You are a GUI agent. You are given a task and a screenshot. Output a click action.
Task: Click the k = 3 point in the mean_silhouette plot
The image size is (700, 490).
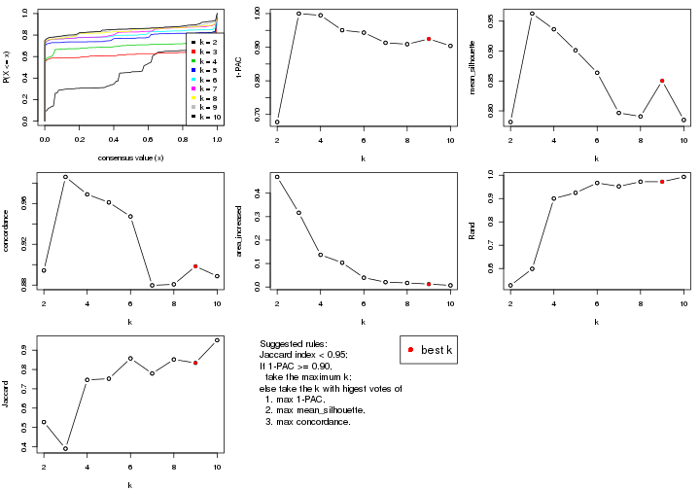click(x=532, y=14)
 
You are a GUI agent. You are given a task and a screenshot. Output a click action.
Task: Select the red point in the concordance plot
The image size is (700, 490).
click(x=195, y=266)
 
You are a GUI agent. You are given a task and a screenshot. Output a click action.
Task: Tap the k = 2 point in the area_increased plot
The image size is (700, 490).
click(x=277, y=177)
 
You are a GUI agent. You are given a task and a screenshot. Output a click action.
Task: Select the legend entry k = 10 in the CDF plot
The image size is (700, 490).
click(x=203, y=116)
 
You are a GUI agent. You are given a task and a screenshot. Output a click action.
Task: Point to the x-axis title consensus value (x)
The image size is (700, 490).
click(x=131, y=157)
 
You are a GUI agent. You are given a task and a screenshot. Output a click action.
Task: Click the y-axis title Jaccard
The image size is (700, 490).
click(x=9, y=395)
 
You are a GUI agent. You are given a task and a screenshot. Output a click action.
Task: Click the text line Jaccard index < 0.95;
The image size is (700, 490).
click(x=305, y=356)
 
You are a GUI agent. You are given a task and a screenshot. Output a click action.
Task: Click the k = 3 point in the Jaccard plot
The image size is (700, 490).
click(x=65, y=448)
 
